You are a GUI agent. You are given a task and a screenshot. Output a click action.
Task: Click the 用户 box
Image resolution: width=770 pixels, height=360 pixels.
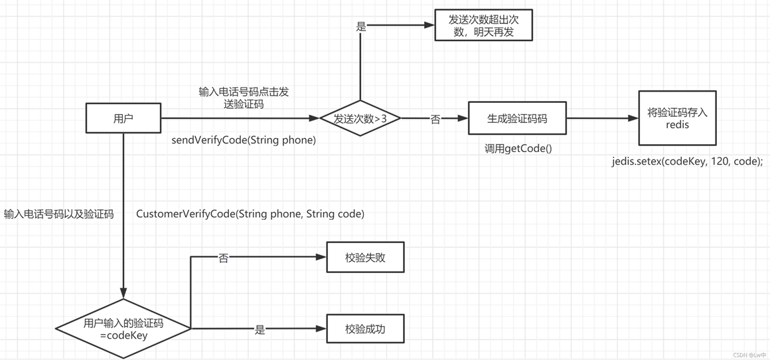(123, 118)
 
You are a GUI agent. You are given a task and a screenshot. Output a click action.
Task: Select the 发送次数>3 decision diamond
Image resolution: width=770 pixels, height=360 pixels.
(360, 119)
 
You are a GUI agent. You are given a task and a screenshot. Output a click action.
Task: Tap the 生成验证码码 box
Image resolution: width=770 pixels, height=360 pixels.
(517, 119)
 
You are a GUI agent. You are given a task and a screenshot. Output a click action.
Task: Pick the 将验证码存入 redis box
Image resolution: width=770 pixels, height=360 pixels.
(677, 118)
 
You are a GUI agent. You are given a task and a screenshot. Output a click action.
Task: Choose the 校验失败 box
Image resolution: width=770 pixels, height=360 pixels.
(365, 257)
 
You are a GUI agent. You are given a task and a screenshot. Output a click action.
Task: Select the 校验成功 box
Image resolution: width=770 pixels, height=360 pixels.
(365, 328)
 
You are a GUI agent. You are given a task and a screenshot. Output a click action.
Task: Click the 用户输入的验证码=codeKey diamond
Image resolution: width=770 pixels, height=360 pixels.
(123, 329)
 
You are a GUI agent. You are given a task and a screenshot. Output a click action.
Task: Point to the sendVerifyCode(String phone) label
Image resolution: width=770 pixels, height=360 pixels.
(244, 140)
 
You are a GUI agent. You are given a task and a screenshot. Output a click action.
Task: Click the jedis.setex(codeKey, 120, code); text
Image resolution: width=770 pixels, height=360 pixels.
(687, 161)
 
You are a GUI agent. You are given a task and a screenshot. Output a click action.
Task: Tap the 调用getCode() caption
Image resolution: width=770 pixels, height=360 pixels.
(518, 148)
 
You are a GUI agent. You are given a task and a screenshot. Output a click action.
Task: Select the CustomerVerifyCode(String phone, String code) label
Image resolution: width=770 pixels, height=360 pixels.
(250, 214)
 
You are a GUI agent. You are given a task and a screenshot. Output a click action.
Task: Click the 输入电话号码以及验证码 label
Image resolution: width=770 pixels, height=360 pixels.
(58, 214)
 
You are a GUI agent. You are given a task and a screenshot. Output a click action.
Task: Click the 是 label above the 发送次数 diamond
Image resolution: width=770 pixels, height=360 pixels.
(361, 27)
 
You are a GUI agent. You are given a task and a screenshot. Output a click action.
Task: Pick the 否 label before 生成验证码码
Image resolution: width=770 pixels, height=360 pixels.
(435, 120)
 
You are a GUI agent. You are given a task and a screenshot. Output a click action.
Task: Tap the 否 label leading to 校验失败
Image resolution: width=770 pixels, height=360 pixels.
(224, 258)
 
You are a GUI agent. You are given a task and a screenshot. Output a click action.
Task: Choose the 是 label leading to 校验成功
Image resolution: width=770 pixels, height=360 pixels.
(260, 329)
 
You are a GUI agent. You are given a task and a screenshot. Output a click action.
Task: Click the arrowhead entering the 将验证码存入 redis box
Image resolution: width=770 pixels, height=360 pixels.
(633, 119)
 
